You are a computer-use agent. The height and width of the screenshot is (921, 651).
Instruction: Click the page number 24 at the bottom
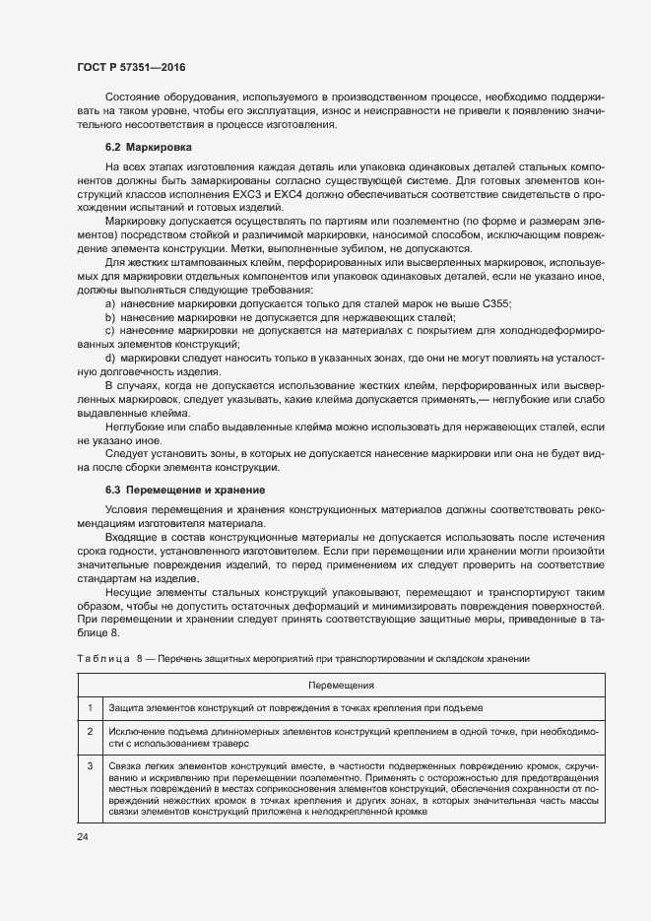click(82, 836)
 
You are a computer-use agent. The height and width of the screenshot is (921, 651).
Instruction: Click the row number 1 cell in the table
click(89, 708)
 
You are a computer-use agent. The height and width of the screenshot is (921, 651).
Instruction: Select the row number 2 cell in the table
click(89, 732)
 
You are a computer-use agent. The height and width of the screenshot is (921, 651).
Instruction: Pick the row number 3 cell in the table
click(89, 765)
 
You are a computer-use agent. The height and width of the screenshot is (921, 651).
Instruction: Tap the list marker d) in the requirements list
click(109, 356)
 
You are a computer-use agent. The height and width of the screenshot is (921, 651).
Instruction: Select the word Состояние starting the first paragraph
click(133, 99)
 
